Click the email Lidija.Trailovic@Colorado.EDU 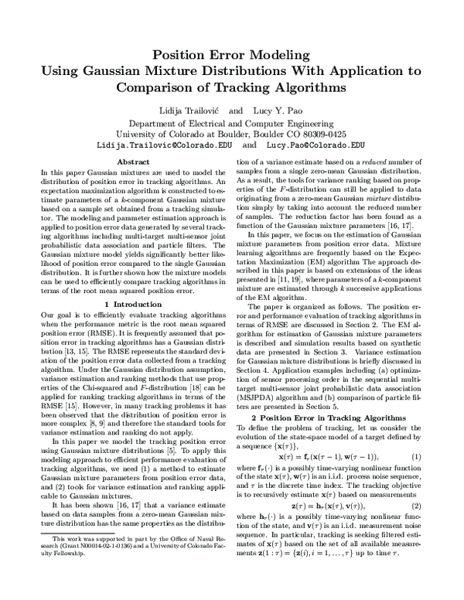(161, 144)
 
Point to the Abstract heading (132, 161)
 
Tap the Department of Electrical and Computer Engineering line (232, 122)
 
